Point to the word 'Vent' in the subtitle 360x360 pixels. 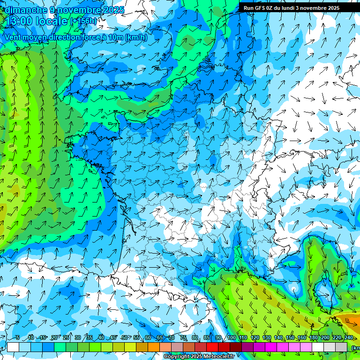click(13, 37)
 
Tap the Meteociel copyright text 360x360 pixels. click(199, 356)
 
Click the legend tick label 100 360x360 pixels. click(231, 338)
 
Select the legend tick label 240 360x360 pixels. click(348, 338)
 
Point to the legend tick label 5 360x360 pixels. click(18, 338)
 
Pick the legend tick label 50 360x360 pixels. click(124, 338)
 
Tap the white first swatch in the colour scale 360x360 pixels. click(13, 347)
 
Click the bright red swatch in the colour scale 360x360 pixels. click(212, 347)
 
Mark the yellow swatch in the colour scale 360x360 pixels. click(130, 347)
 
